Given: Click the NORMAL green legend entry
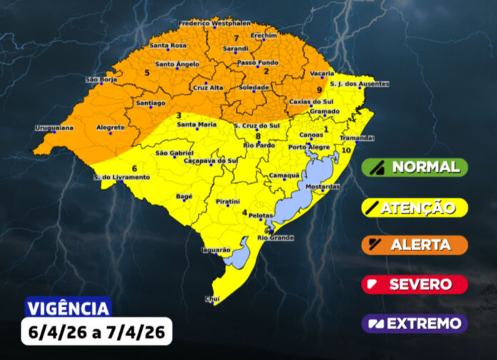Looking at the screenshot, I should [x=415, y=167].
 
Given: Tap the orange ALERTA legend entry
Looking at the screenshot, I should [x=415, y=245].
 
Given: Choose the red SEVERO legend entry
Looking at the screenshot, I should [x=415, y=284].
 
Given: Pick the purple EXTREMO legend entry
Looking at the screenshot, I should [x=415, y=324].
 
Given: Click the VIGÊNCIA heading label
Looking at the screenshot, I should [x=69, y=308].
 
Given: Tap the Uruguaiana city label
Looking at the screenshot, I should [x=54, y=129].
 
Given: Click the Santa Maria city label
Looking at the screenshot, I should [x=196, y=124].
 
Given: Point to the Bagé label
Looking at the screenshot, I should [x=184, y=195].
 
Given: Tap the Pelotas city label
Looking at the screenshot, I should [x=263, y=214].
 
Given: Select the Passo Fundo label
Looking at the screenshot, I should [x=257, y=63].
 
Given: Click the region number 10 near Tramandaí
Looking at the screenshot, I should [x=346, y=151].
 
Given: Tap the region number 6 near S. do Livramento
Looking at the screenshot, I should [x=134, y=168].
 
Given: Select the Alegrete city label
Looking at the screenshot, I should [x=111, y=128].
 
